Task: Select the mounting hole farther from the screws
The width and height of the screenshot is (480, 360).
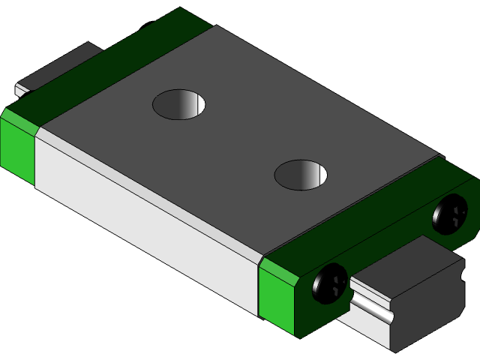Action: tap(179, 103)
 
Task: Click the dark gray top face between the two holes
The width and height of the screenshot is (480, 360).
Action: tap(240, 139)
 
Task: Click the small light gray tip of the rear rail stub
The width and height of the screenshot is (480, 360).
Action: tap(20, 91)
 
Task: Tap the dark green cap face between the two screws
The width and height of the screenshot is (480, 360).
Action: tap(390, 247)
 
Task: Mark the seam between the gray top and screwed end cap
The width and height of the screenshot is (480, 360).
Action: tap(352, 205)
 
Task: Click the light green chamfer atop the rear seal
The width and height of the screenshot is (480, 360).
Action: tap(20, 119)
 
